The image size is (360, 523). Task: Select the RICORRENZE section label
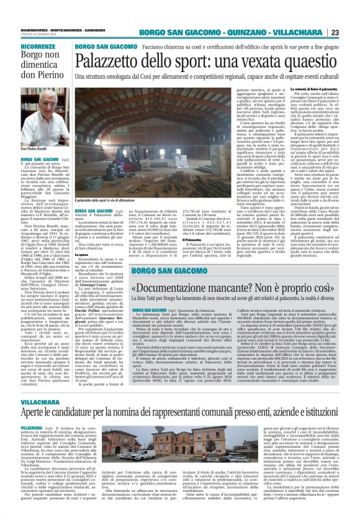pyautogui.click(x=42, y=47)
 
